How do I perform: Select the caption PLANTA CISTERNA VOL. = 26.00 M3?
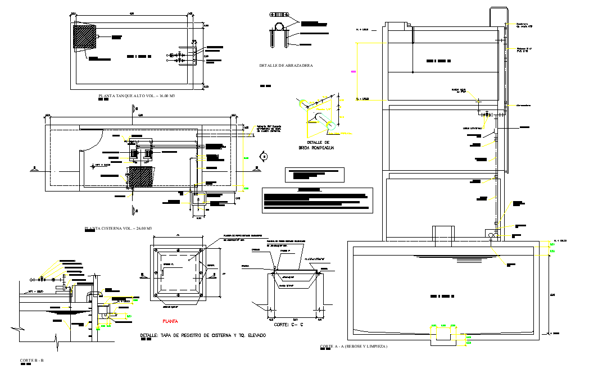(118, 229)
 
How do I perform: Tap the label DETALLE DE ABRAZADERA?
(286, 66)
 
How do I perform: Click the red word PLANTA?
(170, 322)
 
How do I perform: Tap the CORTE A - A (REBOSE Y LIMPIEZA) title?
(354, 347)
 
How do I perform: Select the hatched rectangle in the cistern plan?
(141, 177)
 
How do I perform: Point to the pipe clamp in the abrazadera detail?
(279, 28)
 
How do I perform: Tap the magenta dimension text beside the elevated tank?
(354, 71)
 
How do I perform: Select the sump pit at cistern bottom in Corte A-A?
(444, 335)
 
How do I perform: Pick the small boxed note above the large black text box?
(315, 174)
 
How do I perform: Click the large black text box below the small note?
(318, 200)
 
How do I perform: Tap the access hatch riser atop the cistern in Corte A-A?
(443, 233)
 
